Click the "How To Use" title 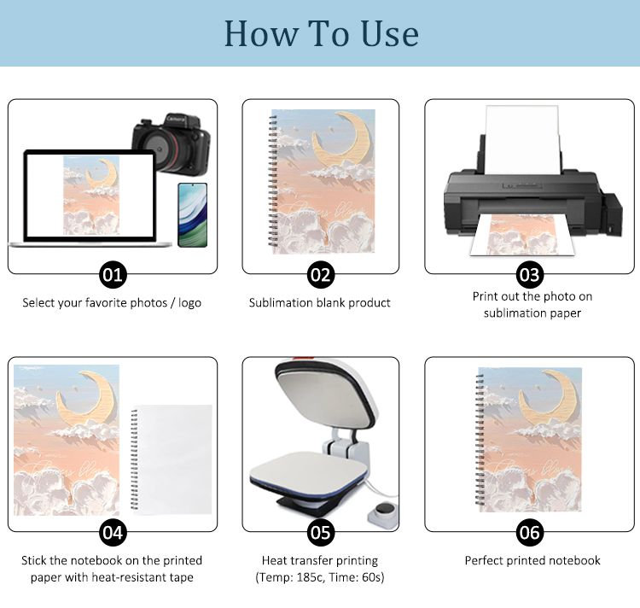click(321, 34)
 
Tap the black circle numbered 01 click(113, 275)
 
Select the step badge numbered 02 click(321, 275)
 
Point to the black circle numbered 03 click(530, 275)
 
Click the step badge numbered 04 click(113, 533)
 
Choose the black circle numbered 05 click(321, 533)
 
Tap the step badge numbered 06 click(530, 533)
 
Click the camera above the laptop click(172, 143)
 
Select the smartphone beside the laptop click(193, 215)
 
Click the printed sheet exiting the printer click(522, 235)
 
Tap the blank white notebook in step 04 click(172, 459)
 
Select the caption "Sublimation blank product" click(320, 302)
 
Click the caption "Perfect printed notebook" click(532, 560)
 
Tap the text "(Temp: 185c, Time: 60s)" click(320, 577)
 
